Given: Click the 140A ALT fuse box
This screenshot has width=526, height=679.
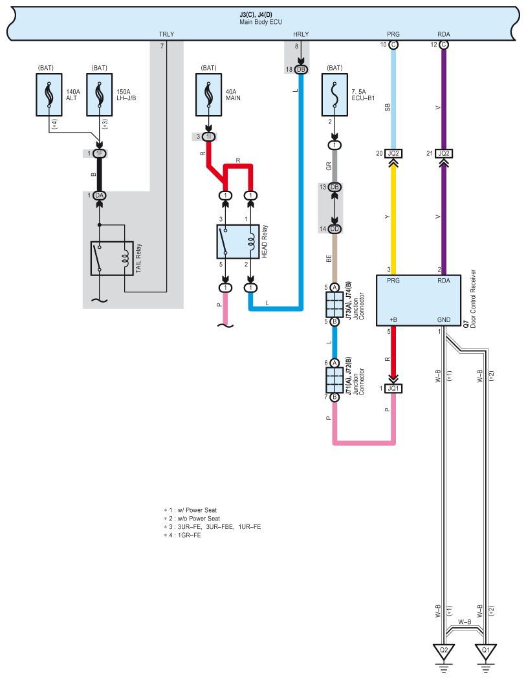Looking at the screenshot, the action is click(49, 94).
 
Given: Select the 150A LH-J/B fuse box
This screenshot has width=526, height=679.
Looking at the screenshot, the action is click(100, 94).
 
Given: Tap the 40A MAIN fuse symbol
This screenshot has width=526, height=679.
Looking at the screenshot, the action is click(209, 94).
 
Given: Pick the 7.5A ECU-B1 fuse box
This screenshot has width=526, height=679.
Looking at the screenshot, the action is click(334, 94).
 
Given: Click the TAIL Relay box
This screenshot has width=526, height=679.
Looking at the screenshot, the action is click(112, 259).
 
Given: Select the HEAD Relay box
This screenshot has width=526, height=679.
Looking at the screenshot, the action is click(238, 242).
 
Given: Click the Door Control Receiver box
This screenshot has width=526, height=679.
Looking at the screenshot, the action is click(419, 301).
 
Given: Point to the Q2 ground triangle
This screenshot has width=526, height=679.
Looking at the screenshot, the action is click(444, 651).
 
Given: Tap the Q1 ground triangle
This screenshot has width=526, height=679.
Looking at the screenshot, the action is click(486, 651).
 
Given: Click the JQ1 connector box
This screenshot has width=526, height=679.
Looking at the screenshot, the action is click(393, 389).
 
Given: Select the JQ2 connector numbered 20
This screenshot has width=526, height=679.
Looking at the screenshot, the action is click(393, 153).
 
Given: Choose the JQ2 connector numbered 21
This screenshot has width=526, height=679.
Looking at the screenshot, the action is click(444, 153).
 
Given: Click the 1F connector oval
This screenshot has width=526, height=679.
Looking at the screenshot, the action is click(100, 153).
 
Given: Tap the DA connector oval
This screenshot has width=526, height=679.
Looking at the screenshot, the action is click(100, 195).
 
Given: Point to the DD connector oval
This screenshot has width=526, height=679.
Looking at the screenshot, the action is click(334, 229).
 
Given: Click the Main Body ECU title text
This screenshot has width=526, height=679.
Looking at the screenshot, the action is click(261, 22).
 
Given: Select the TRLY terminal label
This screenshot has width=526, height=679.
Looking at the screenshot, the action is click(166, 34).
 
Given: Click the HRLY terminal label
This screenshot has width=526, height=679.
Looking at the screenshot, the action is click(301, 34).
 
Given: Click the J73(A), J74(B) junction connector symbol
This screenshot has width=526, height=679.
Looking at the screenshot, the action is click(334, 305).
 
